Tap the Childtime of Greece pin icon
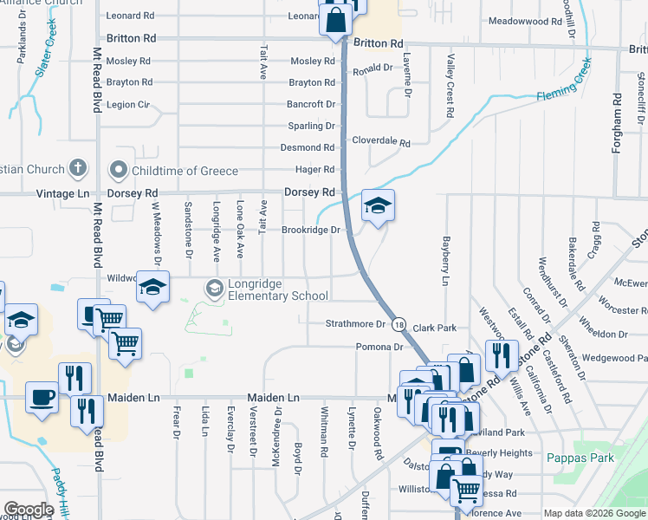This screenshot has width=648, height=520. pos(118,170)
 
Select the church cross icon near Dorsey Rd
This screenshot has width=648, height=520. pos(77,167)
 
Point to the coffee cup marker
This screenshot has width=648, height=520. pos(42,399)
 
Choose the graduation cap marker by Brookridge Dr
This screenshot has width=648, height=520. pos(377,206)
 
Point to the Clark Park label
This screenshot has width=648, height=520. pos(435,328)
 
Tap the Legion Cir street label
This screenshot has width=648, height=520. pos(128,105)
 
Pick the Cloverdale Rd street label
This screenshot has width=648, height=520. pos(380,140)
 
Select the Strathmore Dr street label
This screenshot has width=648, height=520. pos(354,324)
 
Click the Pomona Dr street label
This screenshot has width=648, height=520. pos(379,347)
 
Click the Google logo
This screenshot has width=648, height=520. pos(29,510)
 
